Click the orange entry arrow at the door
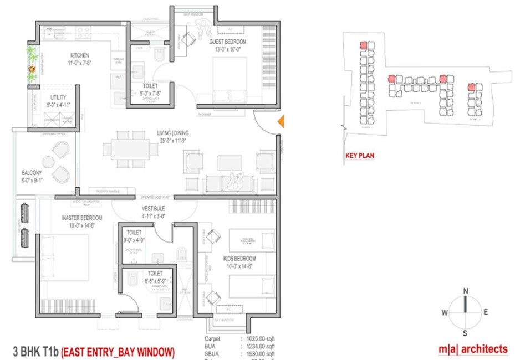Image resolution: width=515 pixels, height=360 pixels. click(281, 121)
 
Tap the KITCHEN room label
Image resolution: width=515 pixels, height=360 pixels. click(80, 55)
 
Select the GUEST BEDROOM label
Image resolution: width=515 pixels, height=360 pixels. click(227, 42)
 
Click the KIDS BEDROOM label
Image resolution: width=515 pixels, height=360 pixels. click(240, 259)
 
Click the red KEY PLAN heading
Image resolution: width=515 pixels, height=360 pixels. click(359, 156)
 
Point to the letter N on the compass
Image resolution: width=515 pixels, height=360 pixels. click(466, 291)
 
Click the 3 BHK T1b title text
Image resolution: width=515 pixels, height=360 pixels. click(35, 351)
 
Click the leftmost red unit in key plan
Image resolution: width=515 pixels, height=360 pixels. click(364, 45)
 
